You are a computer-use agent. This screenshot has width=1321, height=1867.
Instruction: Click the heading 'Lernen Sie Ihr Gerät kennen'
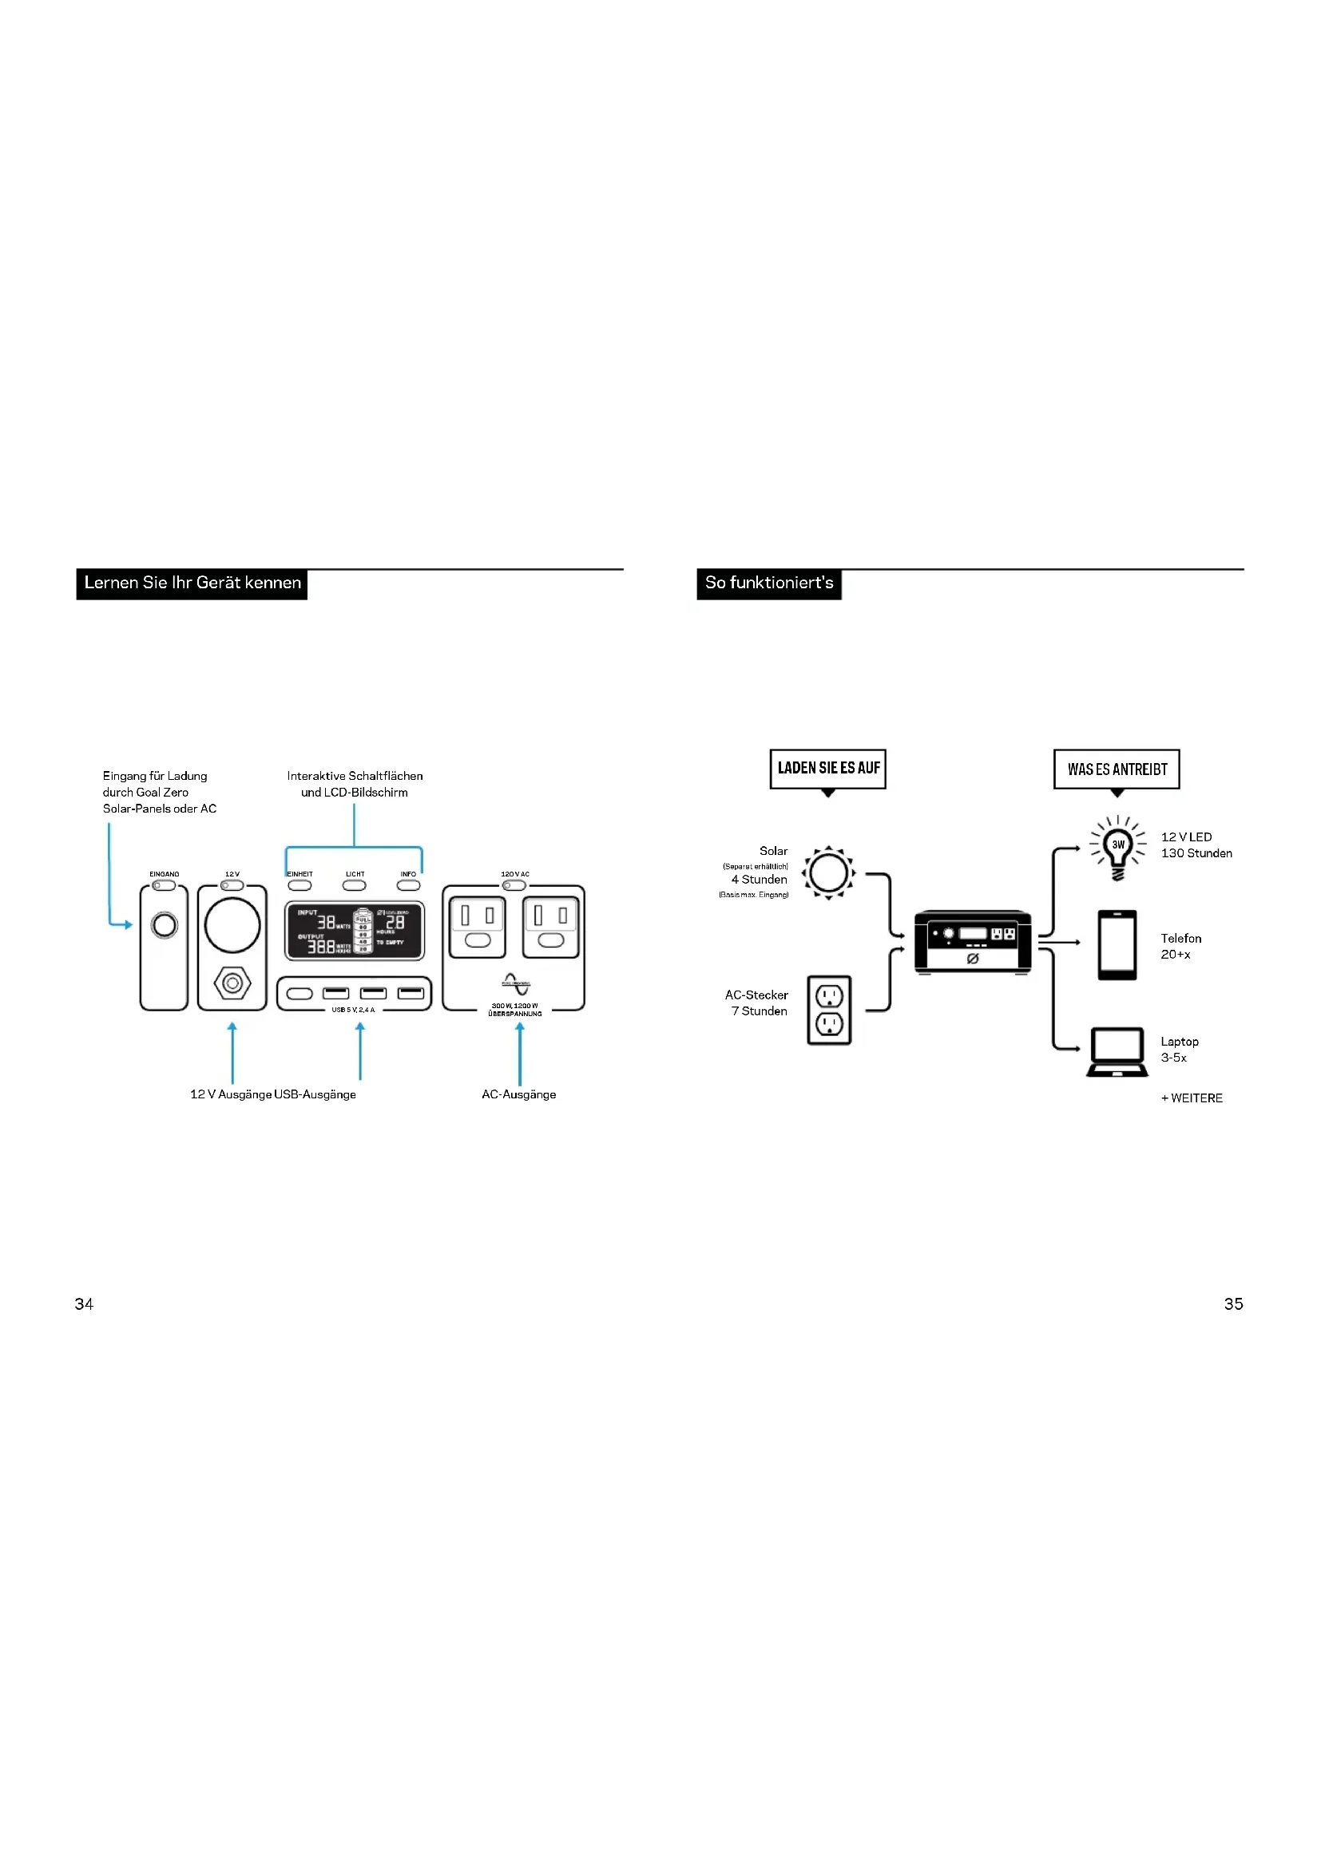point(192,583)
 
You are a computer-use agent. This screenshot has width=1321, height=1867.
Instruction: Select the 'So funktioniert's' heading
point(768,583)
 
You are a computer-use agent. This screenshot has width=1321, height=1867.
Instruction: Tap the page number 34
point(84,1303)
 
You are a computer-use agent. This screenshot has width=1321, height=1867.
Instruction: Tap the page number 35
point(1233,1303)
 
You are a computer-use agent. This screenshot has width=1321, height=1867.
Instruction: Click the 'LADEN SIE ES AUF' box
point(828,769)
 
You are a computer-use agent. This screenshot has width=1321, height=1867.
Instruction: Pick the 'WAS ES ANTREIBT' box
point(1117,769)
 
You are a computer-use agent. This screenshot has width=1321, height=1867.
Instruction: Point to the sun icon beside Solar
point(828,872)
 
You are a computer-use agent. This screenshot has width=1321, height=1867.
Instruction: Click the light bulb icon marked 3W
point(1118,848)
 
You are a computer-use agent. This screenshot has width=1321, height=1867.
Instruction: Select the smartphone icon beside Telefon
point(1117,945)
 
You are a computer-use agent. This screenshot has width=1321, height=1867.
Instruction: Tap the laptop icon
point(1117,1052)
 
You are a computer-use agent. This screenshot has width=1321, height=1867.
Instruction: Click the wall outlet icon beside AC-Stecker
point(829,1010)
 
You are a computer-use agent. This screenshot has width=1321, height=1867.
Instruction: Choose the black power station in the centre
point(972,942)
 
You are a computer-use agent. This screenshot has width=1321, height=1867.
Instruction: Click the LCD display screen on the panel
point(355,930)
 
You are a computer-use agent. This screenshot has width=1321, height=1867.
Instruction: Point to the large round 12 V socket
point(232,925)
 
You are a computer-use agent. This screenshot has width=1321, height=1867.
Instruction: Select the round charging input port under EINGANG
point(165,925)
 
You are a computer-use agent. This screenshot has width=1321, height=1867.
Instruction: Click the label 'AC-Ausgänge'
point(519,1094)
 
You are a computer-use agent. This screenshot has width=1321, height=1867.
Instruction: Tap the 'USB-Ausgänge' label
point(315,1094)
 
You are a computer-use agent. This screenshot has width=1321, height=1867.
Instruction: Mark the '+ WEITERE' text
point(1192,1098)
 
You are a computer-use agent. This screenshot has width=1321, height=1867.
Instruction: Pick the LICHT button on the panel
point(355,884)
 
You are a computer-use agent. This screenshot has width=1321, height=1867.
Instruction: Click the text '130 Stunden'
point(1196,853)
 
